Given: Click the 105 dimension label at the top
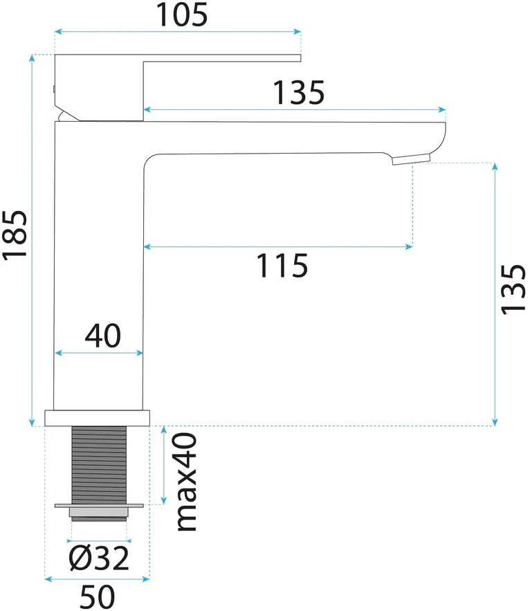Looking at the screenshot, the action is coord(181,15).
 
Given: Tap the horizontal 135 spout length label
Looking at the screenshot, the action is coord(298,93).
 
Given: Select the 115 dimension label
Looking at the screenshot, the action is coord(282,266).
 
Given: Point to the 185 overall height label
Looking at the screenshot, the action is coord(15,234).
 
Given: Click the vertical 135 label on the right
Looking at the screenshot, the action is coord(513,289).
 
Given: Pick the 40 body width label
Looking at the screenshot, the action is coord(103,336).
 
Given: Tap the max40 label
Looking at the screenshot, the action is coord(187,482).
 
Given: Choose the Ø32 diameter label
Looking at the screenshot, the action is coord(98,558).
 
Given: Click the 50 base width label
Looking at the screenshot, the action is coord(98,596).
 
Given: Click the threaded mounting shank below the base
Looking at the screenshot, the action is coord(99,465).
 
